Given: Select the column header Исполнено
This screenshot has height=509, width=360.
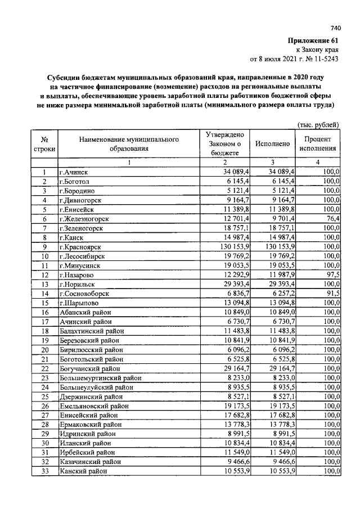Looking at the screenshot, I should (x=273, y=143).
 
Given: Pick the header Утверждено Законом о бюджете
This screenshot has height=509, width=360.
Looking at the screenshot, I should (x=224, y=143).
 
